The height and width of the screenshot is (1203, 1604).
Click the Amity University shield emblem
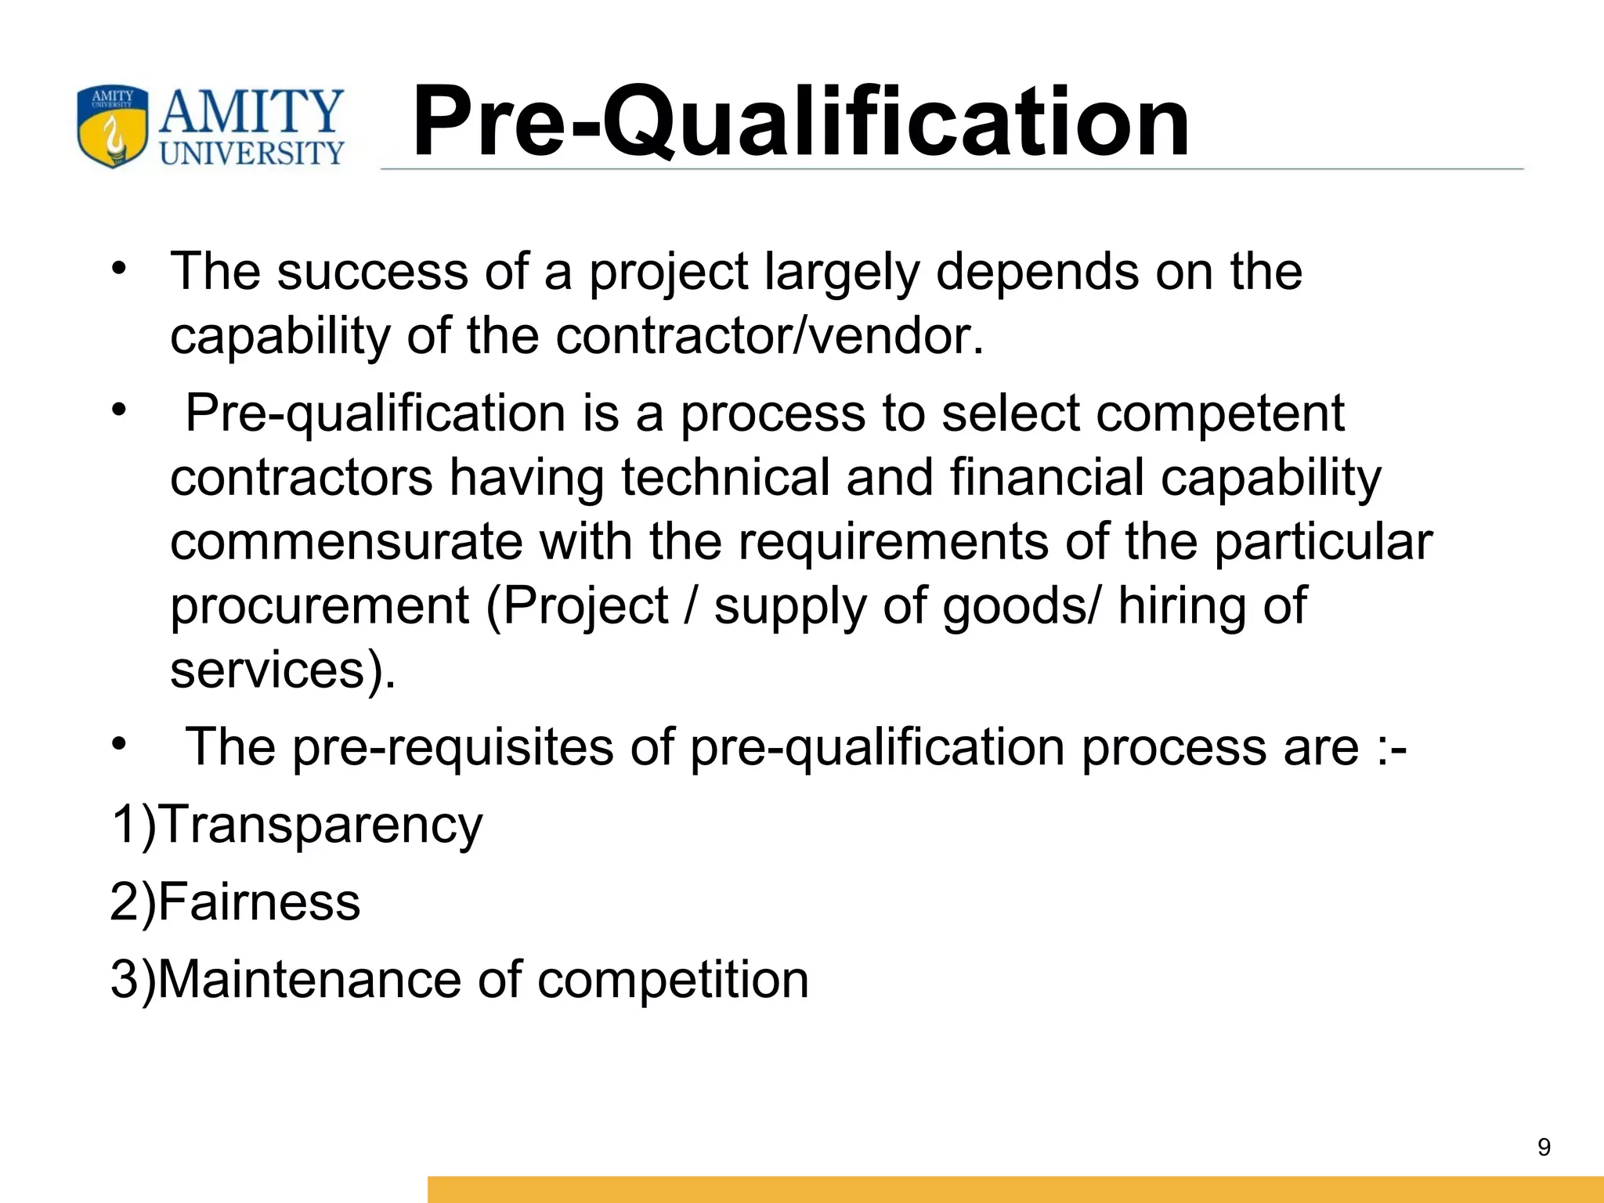113,127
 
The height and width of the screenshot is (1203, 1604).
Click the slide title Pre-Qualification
800,122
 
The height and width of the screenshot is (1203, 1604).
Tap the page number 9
1544,1147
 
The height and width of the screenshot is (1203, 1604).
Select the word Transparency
321,825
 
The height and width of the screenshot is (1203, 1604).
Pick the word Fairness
259,901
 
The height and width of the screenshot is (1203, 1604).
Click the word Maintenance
309,979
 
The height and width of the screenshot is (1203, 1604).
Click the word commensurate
346,541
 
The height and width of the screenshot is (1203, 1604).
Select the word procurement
320,605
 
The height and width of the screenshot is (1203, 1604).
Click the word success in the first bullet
373,271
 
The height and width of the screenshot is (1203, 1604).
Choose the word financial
1047,477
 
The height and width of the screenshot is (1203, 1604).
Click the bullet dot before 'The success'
118,269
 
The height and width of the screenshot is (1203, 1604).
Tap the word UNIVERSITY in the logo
252,153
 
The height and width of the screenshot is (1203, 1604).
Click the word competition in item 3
673,979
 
